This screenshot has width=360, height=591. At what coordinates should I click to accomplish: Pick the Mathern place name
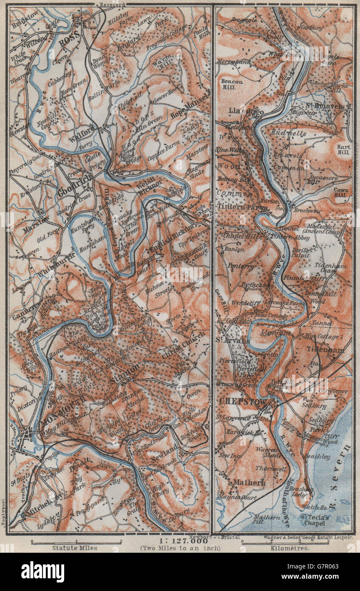(x=249, y=483)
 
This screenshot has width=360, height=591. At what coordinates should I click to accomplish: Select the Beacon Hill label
(x=231, y=84)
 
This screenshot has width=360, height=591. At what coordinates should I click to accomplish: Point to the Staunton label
(x=124, y=374)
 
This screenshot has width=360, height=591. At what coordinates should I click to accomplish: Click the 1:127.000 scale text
(x=183, y=541)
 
